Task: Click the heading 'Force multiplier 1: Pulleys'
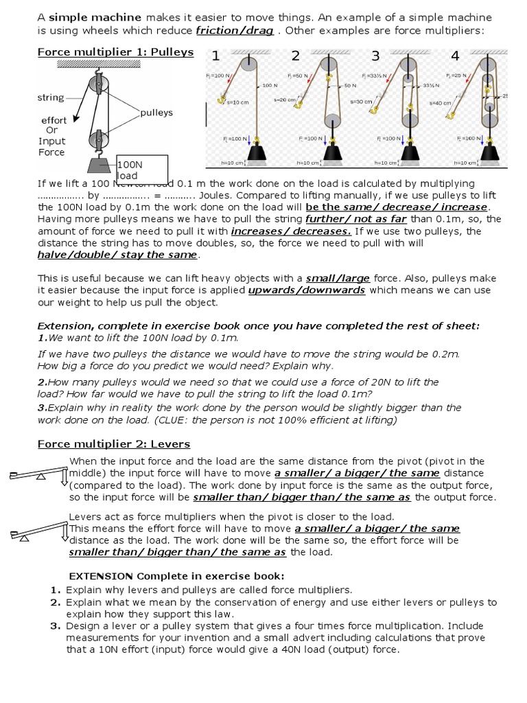tap(115, 52)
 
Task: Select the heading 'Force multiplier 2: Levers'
tap(113, 444)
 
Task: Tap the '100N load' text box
tap(141, 170)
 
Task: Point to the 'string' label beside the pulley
tap(51, 97)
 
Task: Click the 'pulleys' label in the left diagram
tap(156, 112)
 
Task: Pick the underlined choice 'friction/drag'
tap(235, 31)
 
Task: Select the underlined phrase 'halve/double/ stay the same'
tap(117, 255)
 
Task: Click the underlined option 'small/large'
tap(338, 278)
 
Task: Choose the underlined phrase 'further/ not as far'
tap(351, 219)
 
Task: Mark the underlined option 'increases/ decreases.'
tap(291, 231)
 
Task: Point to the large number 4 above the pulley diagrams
tap(456, 56)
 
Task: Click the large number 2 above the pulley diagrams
tap(296, 56)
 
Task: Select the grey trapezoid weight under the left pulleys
tap(98, 165)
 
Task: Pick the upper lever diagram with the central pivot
tap(38, 474)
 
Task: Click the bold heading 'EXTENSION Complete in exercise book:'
tap(176, 575)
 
